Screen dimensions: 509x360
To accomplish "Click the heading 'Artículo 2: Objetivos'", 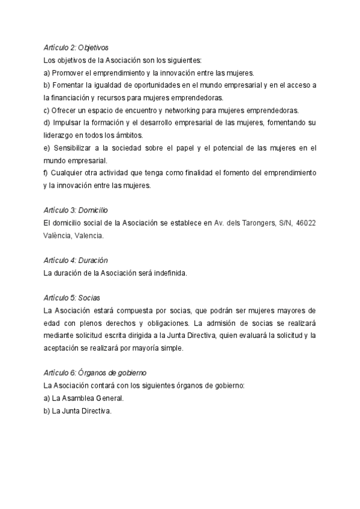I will (76, 47).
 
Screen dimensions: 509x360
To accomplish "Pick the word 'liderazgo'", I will (59, 135).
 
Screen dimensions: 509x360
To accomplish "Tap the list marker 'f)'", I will (47, 173).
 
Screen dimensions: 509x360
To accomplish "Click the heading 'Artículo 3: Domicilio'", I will (76, 211).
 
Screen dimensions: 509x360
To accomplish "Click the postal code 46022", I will (306, 223).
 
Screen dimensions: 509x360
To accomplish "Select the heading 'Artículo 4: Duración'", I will (76, 261).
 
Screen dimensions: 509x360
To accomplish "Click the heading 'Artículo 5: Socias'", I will (71, 298).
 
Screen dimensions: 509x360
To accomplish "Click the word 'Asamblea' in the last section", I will (82, 399).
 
